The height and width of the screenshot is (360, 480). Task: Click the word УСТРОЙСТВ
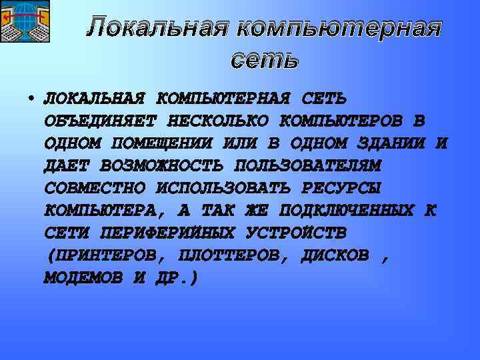pyautogui.click(x=296, y=233)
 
